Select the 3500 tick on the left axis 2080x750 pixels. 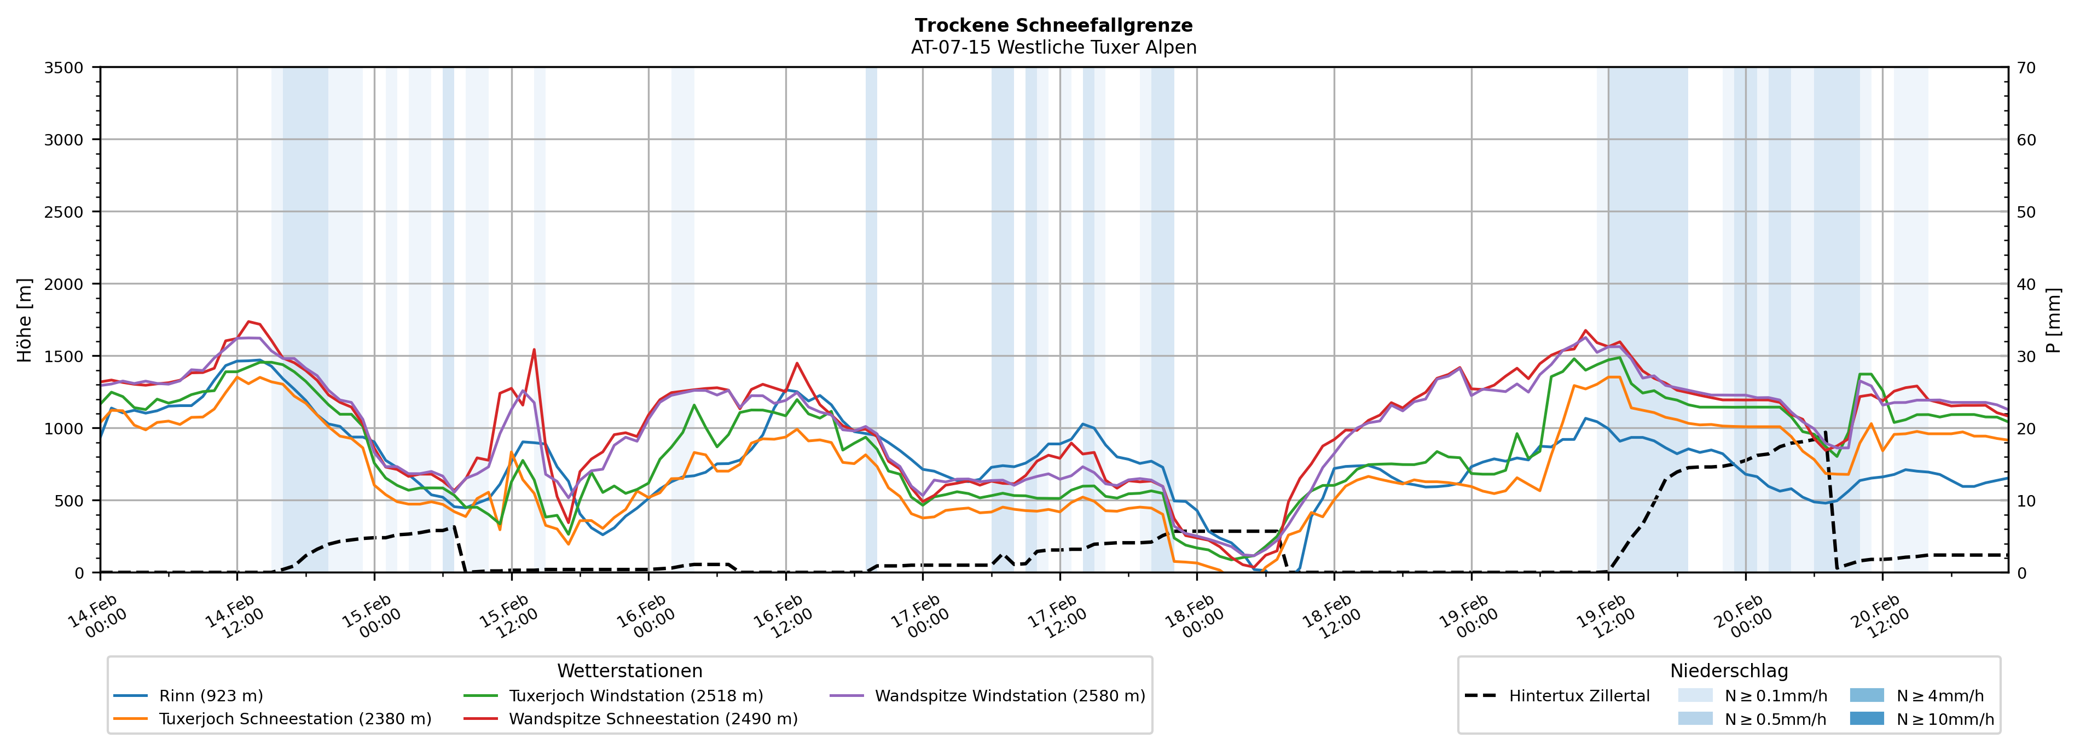pos(64,68)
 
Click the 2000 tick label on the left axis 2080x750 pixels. pos(64,284)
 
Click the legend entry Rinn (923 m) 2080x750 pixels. pos(211,696)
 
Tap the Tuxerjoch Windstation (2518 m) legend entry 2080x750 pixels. pos(635,696)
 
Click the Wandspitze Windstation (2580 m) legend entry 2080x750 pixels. pos(1009,696)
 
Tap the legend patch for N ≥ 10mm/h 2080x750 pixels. pos(1866,718)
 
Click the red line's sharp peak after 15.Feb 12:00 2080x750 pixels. pos(534,350)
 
